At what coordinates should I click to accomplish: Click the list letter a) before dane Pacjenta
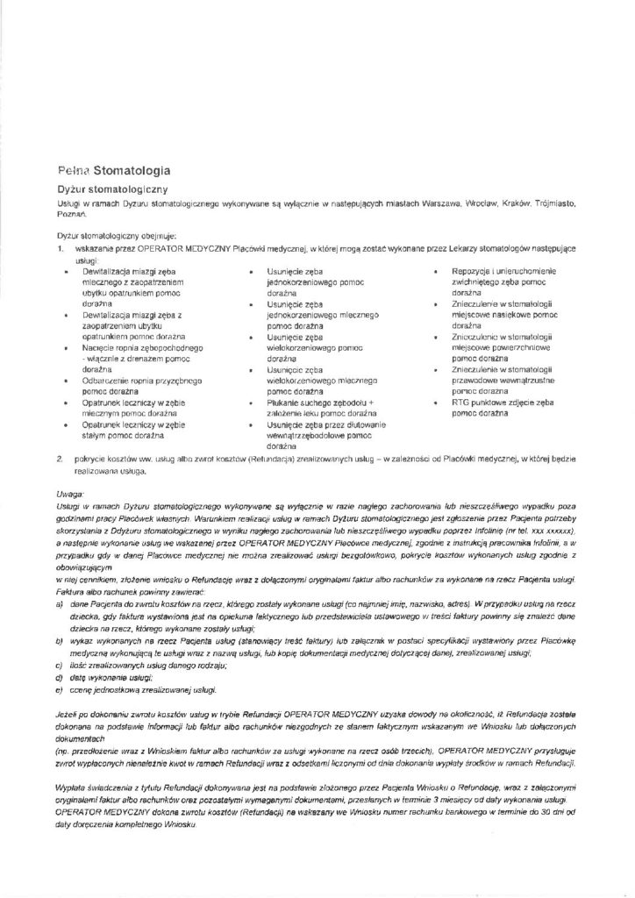[x=59, y=603]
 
